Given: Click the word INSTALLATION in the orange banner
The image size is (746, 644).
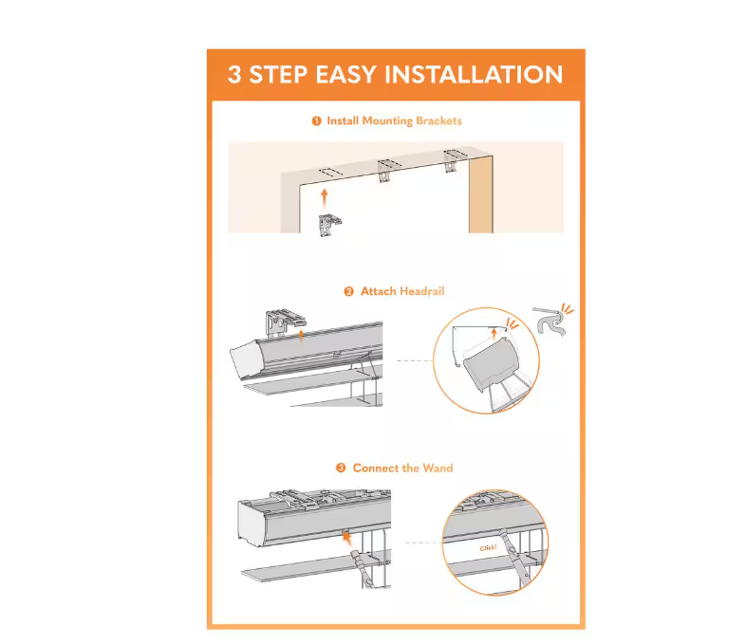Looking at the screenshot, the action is tap(474, 75).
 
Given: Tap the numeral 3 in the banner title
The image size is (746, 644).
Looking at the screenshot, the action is tap(234, 75).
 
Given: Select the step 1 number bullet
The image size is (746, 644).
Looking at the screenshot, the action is tap(316, 121).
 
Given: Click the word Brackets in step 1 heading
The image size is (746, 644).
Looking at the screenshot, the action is tap(438, 120).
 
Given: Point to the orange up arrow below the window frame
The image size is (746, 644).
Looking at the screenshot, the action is tap(325, 198).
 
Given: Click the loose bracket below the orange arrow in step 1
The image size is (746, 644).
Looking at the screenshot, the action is tap(330, 225).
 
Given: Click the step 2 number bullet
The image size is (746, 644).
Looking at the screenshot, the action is tap(348, 291).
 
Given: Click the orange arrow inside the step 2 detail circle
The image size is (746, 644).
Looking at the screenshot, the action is tap(494, 332).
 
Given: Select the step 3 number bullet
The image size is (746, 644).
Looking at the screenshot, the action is tap(341, 469).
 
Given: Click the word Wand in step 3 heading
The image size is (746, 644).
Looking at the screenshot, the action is tap(438, 469).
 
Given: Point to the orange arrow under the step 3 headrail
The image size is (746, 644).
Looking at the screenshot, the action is tap(347, 538).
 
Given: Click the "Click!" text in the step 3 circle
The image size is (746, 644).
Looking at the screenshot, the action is tap(488, 548).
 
